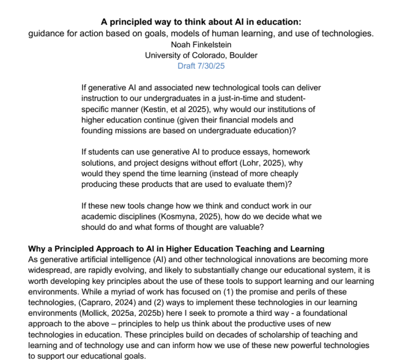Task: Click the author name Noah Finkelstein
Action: [201, 45]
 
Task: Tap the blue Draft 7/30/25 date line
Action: [201, 66]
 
